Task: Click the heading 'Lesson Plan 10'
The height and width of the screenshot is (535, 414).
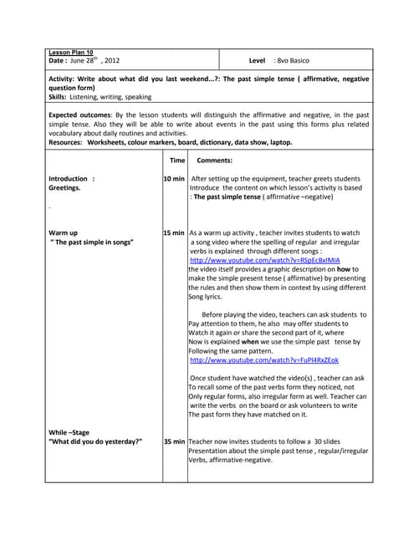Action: [71, 53]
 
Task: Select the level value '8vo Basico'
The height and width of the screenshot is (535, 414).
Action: [292, 61]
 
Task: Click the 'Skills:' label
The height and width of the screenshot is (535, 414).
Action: [60, 97]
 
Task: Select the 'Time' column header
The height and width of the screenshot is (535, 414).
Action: [177, 160]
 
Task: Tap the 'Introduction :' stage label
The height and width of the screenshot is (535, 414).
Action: [72, 179]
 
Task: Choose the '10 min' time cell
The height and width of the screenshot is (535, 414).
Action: [174, 179]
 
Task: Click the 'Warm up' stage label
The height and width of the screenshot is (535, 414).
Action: [64, 232]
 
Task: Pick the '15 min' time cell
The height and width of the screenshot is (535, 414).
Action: [174, 232]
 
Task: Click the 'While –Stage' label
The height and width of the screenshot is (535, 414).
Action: [70, 431]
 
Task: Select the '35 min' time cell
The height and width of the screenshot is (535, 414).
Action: [174, 441]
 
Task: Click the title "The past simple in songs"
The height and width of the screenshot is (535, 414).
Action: [93, 242]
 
